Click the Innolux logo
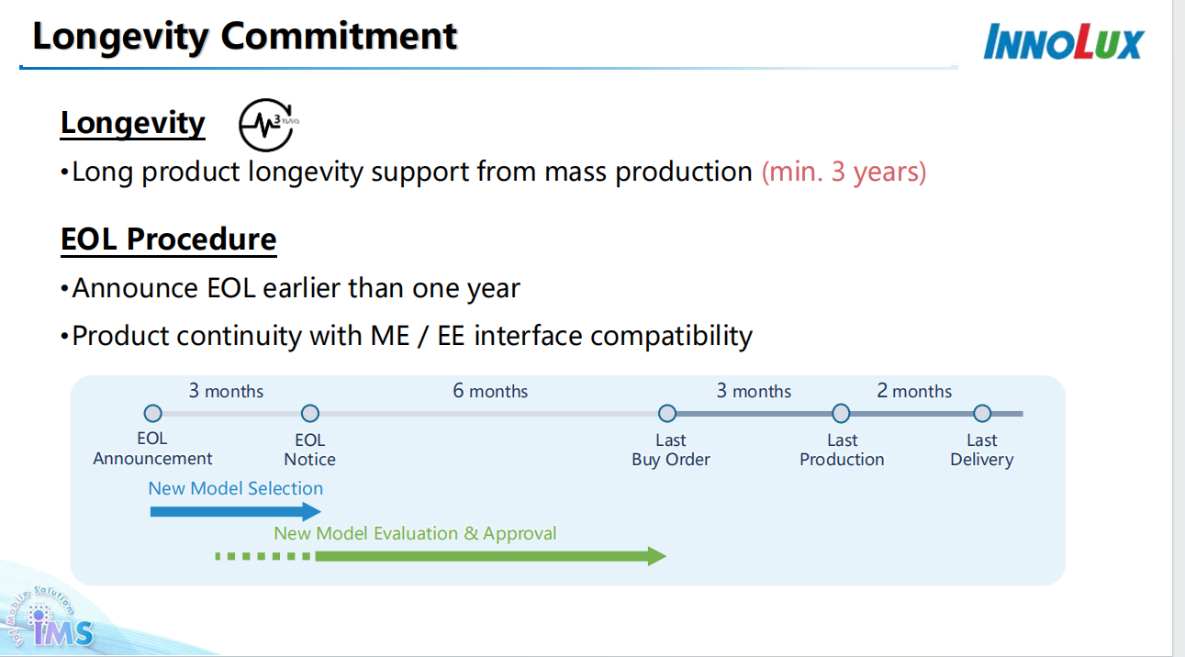click(1063, 42)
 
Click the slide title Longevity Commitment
click(244, 37)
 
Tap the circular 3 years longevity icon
click(266, 125)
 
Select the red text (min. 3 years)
click(844, 172)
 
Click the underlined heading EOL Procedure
click(168, 239)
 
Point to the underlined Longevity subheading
click(133, 123)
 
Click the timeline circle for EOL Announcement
click(152, 414)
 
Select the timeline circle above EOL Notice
click(310, 414)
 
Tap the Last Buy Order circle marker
click(667, 414)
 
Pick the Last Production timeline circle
click(841, 414)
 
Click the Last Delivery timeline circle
click(982, 414)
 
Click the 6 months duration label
click(490, 391)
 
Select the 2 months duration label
click(914, 391)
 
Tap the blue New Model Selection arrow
click(235, 512)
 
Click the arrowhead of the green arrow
click(656, 556)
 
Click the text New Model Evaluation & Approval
click(415, 534)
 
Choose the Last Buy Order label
click(671, 451)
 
